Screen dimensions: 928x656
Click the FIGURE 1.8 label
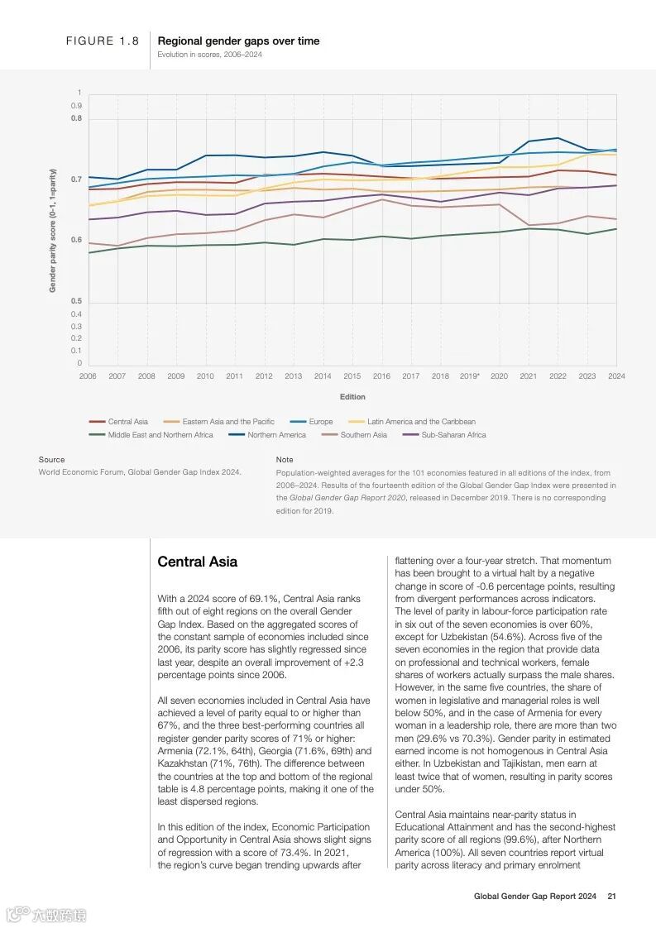103,41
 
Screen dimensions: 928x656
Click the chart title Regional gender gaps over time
238,41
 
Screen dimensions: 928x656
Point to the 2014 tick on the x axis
323,376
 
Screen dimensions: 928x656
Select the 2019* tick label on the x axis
470,376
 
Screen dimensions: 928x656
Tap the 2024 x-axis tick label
615,376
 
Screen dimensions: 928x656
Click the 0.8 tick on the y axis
77,119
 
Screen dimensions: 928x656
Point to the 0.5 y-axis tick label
77,301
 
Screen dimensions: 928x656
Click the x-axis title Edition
352,397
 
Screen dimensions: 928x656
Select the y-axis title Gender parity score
53,231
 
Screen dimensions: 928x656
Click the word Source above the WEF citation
51,460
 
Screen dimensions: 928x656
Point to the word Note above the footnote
285,460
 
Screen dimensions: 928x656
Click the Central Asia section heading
197,562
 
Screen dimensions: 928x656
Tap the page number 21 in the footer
611,896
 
